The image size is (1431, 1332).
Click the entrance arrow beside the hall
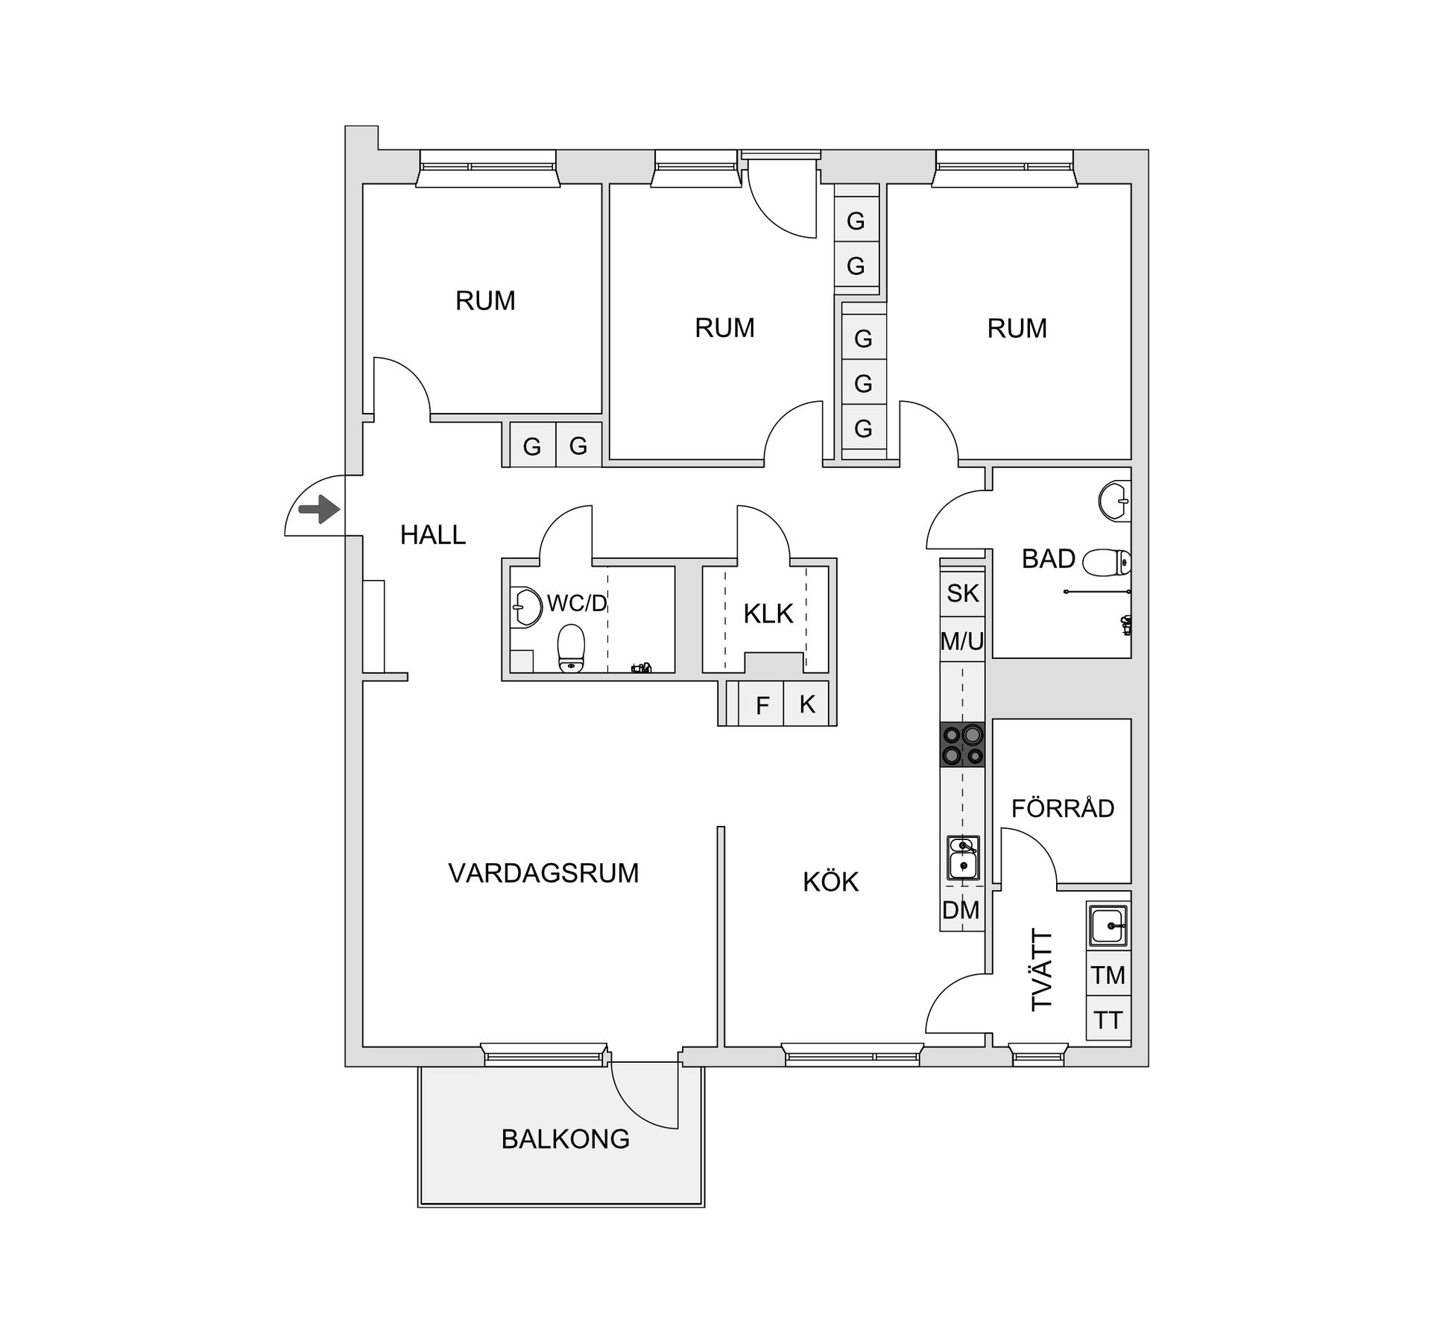click(x=319, y=510)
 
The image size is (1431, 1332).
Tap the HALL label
click(x=432, y=534)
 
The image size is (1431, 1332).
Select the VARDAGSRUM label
click(x=543, y=873)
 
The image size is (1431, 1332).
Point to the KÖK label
click(x=830, y=882)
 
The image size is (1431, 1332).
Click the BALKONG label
click(x=565, y=1139)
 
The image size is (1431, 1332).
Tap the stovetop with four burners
click(x=962, y=745)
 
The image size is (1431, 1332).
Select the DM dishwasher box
click(x=961, y=910)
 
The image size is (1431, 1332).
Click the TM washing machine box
click(x=1108, y=975)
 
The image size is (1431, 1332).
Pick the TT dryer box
click(x=1108, y=1019)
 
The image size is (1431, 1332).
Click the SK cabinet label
click(x=962, y=593)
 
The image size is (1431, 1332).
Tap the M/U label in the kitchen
click(x=962, y=640)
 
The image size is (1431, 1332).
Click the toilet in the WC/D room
click(x=571, y=647)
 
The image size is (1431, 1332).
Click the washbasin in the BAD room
click(x=1114, y=502)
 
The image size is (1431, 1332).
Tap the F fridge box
click(x=762, y=705)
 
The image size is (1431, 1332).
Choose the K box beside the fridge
click(x=806, y=704)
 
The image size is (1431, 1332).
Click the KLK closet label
click(x=768, y=613)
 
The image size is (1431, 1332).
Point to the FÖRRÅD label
click(x=1062, y=808)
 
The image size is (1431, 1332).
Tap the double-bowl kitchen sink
click(x=962, y=857)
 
